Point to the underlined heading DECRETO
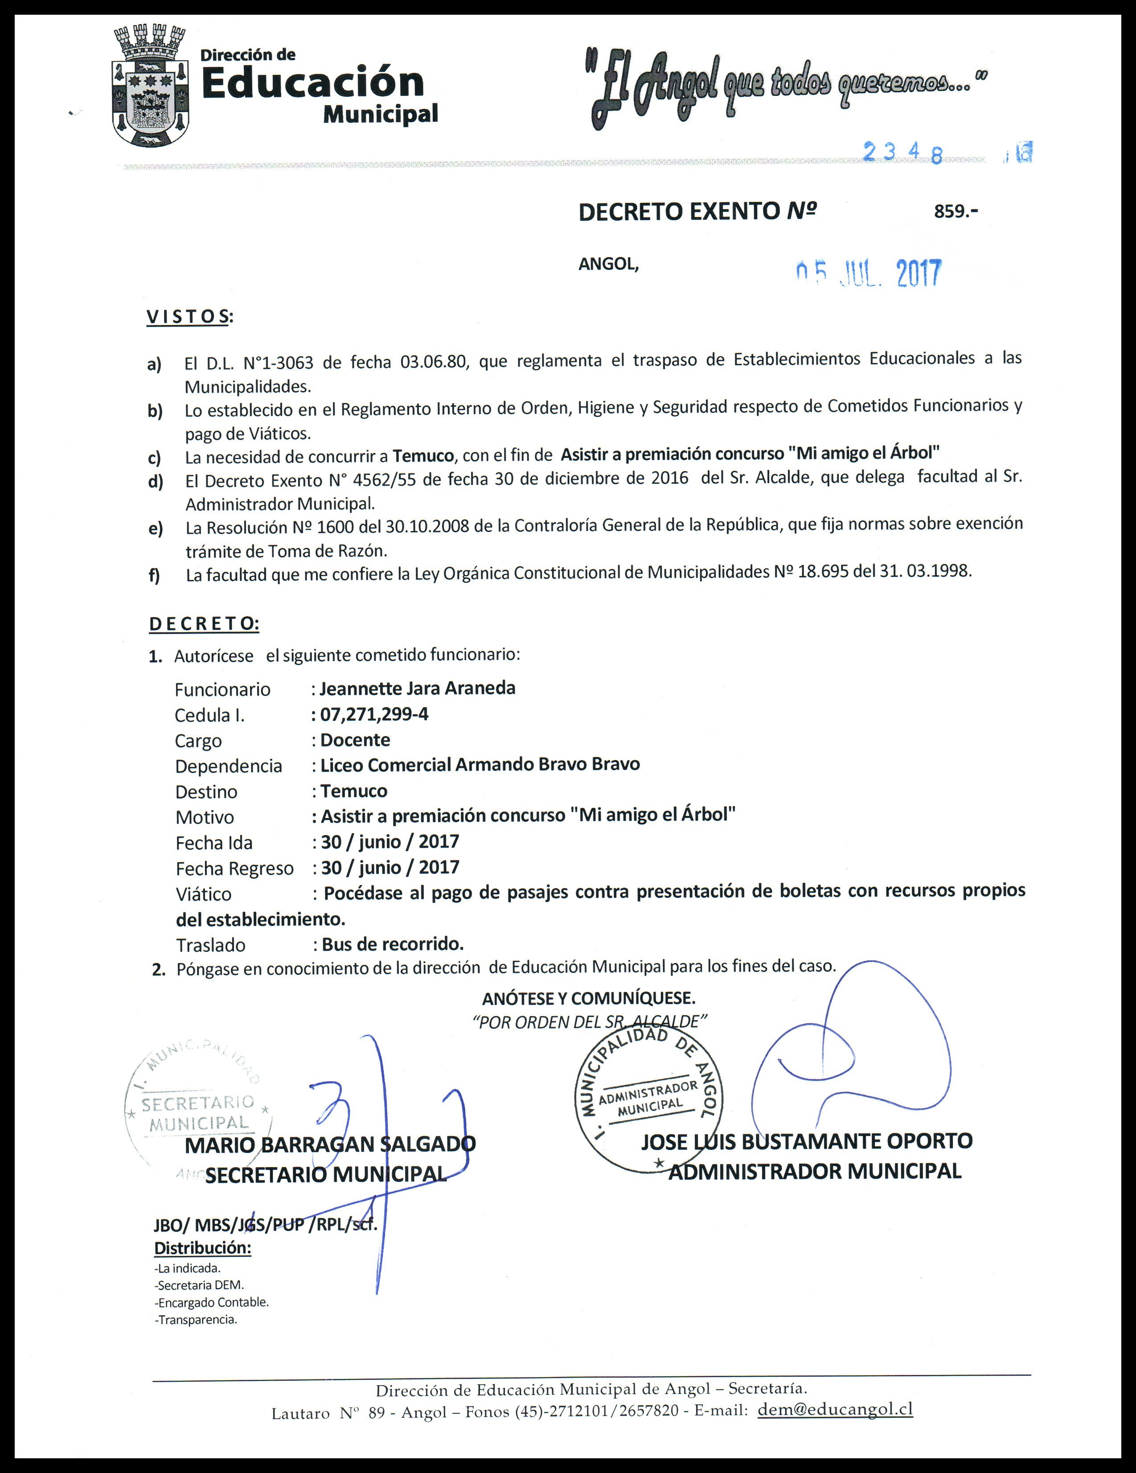(204, 623)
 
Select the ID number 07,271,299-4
(374, 714)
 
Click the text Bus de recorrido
(392, 943)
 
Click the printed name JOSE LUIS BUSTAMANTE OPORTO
(806, 1141)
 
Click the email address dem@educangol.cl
(835, 1409)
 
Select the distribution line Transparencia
(196, 1320)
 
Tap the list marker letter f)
(154, 575)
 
